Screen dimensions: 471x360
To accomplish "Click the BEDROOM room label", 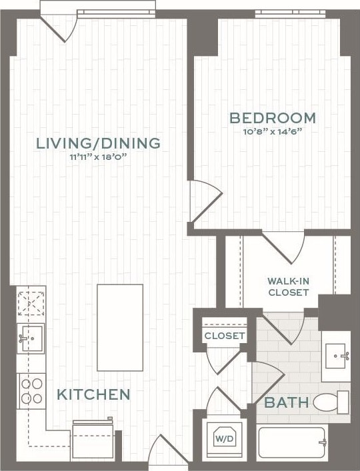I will point(272,118).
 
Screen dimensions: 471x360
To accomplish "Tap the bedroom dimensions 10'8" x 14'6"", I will point(272,131).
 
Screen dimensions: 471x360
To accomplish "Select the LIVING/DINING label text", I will point(98,143).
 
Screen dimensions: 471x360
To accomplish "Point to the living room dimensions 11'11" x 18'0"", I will point(98,157).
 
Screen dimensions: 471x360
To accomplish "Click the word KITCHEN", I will point(93,394).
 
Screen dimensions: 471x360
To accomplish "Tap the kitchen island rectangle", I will point(120,327).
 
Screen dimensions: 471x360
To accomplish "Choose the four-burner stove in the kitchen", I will point(31,390).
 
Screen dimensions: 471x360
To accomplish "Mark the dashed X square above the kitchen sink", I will point(31,302).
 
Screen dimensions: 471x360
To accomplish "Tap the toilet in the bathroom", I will point(331,402).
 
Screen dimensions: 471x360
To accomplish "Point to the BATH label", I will point(287,402).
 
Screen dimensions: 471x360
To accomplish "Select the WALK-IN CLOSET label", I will point(288,286).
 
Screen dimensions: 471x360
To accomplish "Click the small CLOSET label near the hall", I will point(224,336).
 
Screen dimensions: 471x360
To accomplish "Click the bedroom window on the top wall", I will point(290,13).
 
